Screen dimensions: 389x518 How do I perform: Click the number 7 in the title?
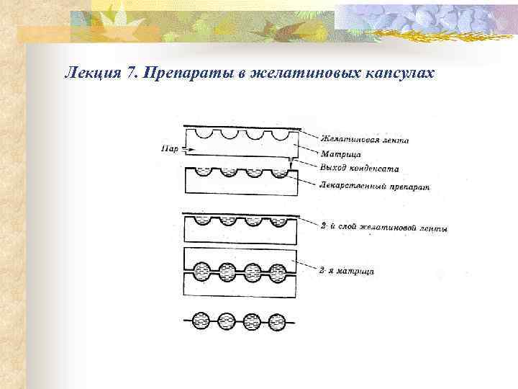coord(131,73)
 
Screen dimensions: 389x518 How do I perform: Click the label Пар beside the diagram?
coord(170,150)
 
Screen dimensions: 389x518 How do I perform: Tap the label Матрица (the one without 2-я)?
coord(341,154)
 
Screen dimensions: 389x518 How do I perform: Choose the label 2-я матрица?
coord(347,270)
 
